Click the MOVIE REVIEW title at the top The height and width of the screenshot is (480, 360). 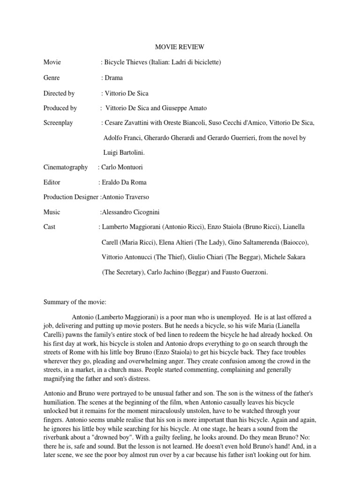point(180,47)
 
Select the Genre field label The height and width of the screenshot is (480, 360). point(52,78)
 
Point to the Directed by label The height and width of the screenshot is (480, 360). point(59,93)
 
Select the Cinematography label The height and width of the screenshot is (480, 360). point(66,167)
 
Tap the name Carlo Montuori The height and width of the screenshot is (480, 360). point(125,167)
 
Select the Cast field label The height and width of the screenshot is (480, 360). point(49,227)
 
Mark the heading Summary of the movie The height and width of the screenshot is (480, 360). point(75,302)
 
